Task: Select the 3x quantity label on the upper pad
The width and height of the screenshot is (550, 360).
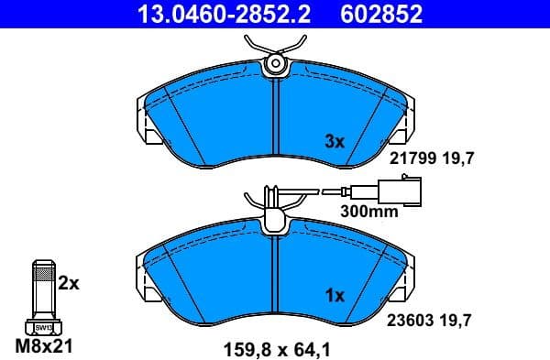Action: [x=335, y=142]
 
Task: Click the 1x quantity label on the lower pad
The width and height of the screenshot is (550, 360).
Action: [x=335, y=296]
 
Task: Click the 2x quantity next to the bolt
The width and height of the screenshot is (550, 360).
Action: [x=69, y=284]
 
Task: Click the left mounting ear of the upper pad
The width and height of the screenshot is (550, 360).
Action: [x=144, y=127]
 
